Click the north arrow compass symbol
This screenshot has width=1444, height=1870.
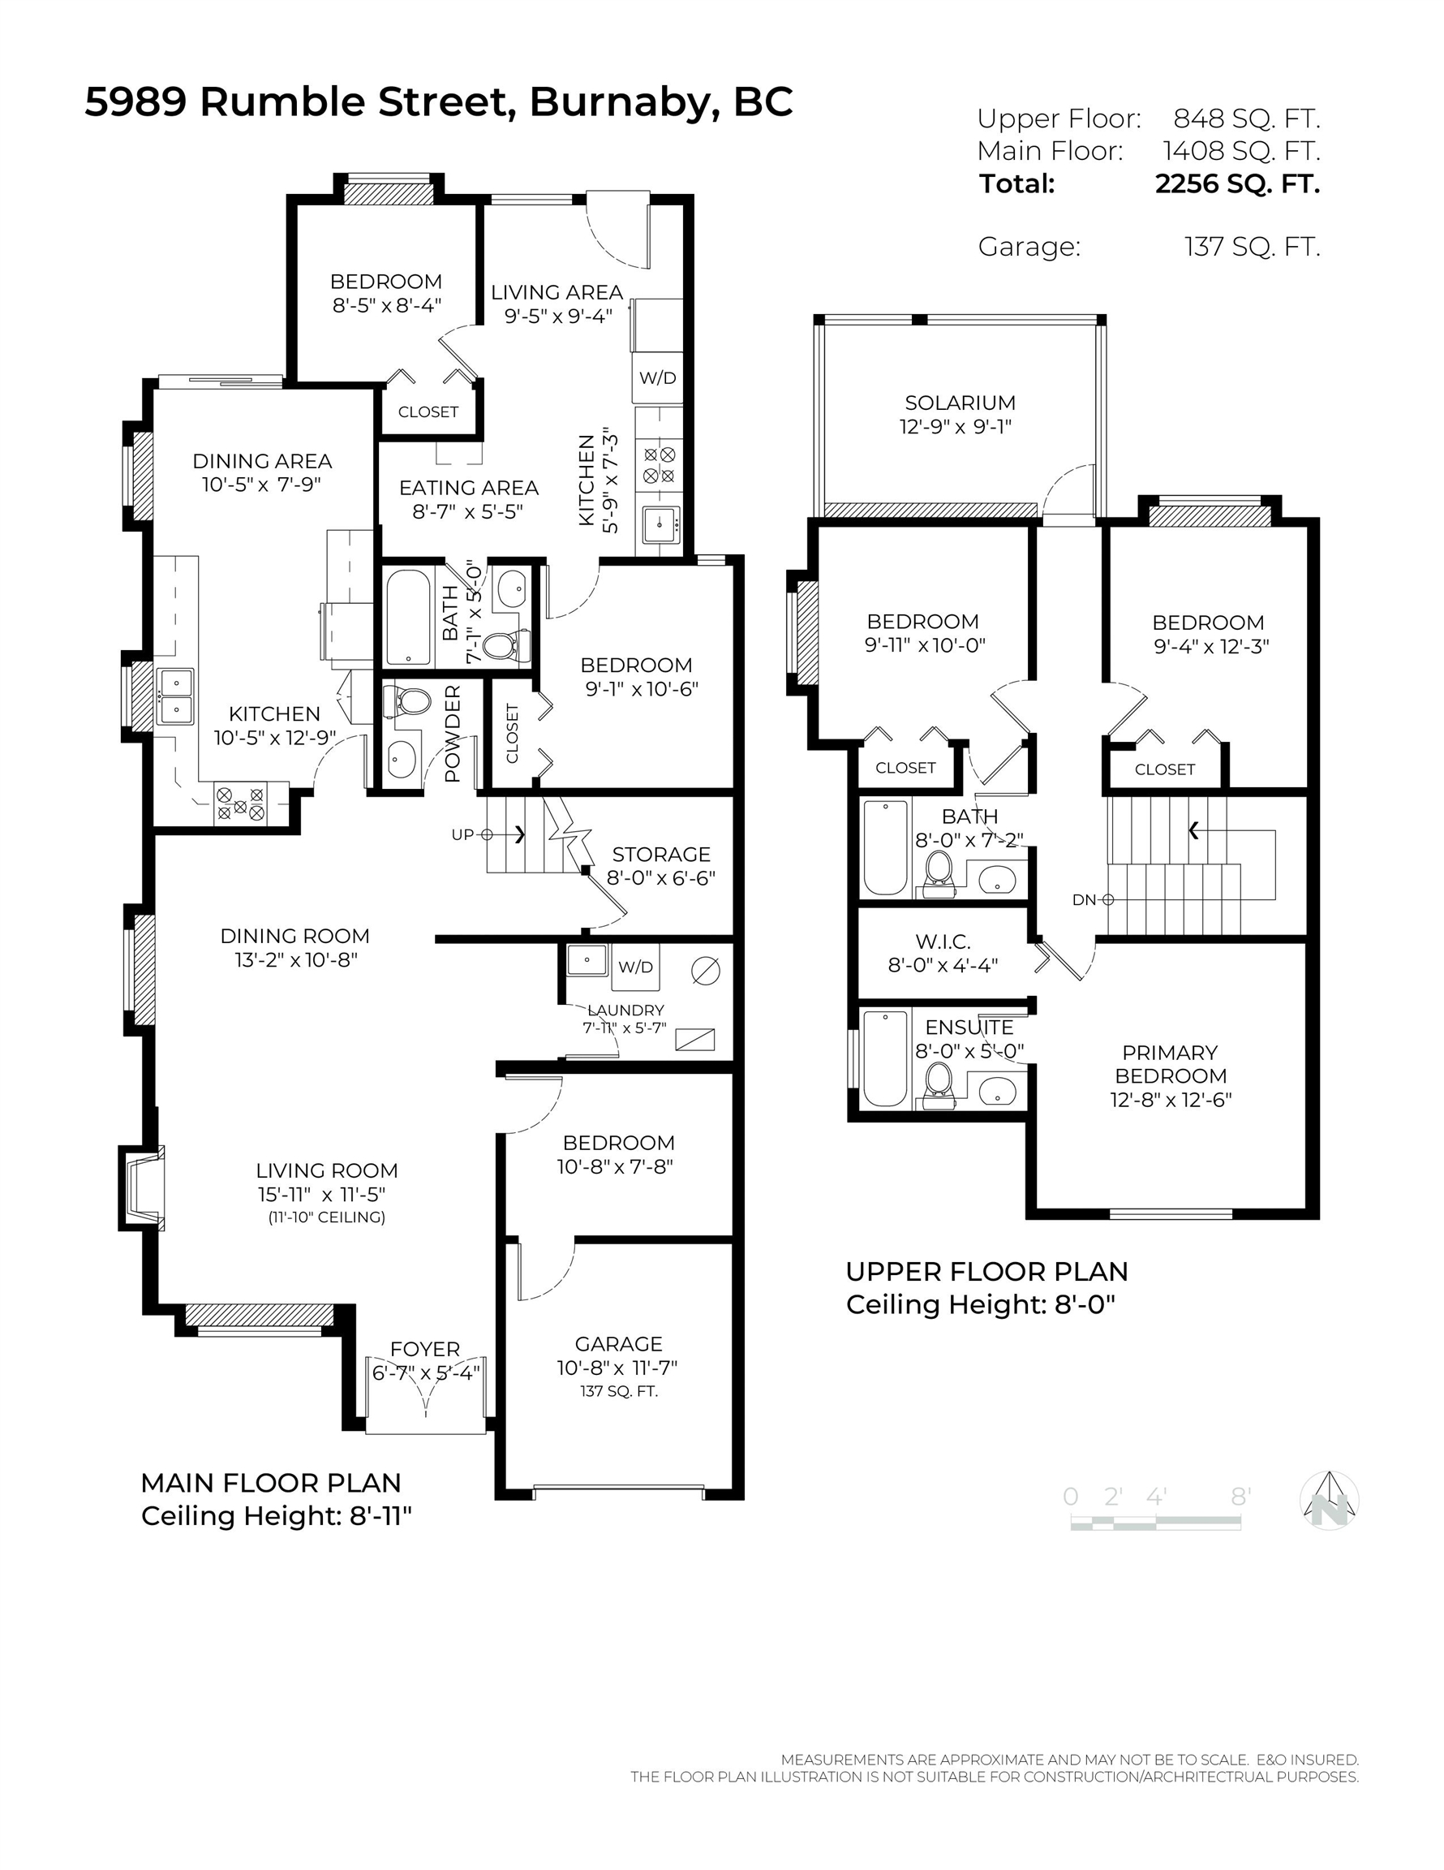pyautogui.click(x=1329, y=1499)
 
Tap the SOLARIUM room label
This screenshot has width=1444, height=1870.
pyautogui.click(x=960, y=403)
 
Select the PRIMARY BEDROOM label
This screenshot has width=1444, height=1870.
pyautogui.click(x=1170, y=1063)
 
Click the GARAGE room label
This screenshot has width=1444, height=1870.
pyautogui.click(x=618, y=1343)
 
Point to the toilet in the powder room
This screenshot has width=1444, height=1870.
pyautogui.click(x=406, y=701)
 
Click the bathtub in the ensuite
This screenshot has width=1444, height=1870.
pyautogui.click(x=885, y=1059)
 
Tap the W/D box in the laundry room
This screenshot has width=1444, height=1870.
pyautogui.click(x=635, y=967)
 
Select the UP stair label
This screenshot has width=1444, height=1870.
pyautogui.click(x=462, y=834)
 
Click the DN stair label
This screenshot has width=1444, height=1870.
pyautogui.click(x=1084, y=899)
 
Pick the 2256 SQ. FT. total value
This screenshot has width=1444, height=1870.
pyautogui.click(x=1237, y=183)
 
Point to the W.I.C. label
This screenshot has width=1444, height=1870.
pyautogui.click(x=943, y=941)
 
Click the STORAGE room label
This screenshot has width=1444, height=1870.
pyautogui.click(x=661, y=854)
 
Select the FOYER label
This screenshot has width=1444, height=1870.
pyautogui.click(x=424, y=1349)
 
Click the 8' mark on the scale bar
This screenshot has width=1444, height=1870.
pyautogui.click(x=1240, y=1496)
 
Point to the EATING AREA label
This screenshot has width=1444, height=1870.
pyautogui.click(x=468, y=487)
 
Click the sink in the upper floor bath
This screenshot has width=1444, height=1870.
pyautogui.click(x=996, y=877)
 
